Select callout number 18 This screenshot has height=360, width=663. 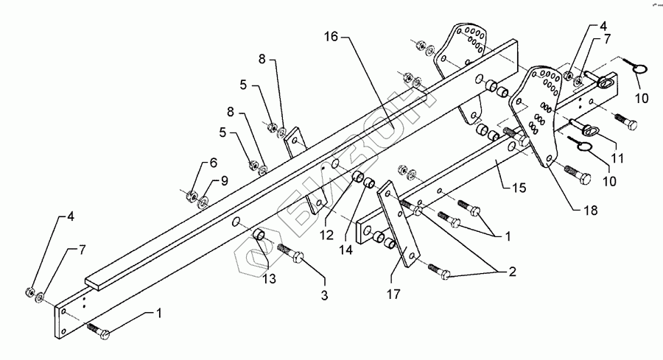tap(587, 210)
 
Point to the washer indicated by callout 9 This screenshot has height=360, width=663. tap(202, 198)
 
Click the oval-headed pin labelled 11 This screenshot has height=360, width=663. tap(588, 131)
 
